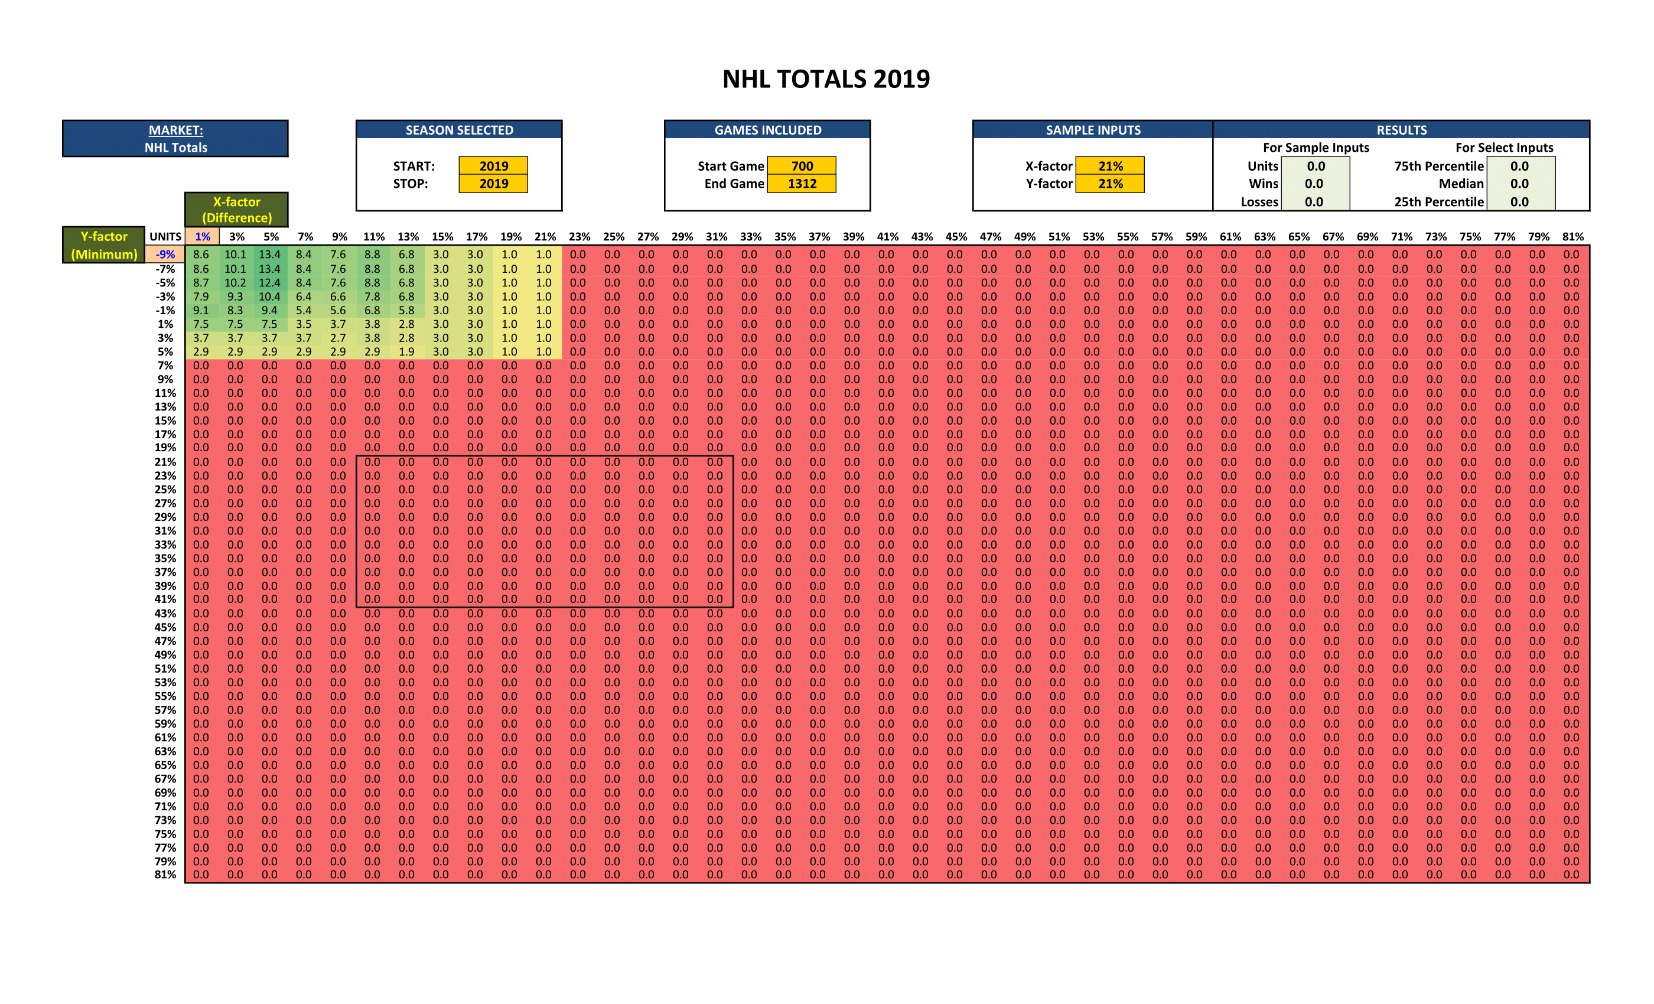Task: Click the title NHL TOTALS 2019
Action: click(826, 79)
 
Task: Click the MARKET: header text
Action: click(175, 130)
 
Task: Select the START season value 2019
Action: click(493, 166)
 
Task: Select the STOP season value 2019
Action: click(493, 183)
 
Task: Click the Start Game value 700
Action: click(802, 166)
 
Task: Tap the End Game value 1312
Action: click(802, 183)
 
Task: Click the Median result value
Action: click(1519, 183)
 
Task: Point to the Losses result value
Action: click(1314, 201)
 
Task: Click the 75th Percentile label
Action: click(1438, 166)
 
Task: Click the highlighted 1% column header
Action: click(202, 236)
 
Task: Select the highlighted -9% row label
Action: click(165, 255)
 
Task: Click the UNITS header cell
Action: click(165, 236)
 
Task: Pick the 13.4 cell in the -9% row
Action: click(269, 255)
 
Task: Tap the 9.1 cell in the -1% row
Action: click(201, 310)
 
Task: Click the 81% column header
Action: click(1572, 236)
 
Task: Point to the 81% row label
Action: click(165, 875)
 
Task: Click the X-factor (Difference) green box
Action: click(236, 210)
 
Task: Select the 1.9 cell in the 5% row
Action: click(406, 351)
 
